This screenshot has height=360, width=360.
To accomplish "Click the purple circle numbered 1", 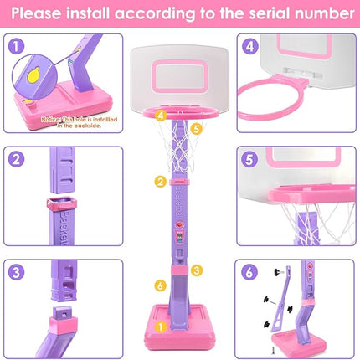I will pyautogui.click(x=15, y=48).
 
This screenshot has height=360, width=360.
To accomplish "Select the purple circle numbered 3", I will pyautogui.click(x=15, y=272).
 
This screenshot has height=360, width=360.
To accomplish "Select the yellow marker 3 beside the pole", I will pyautogui.click(x=196, y=270).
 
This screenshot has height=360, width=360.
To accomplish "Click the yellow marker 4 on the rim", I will pyautogui.click(x=160, y=115).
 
